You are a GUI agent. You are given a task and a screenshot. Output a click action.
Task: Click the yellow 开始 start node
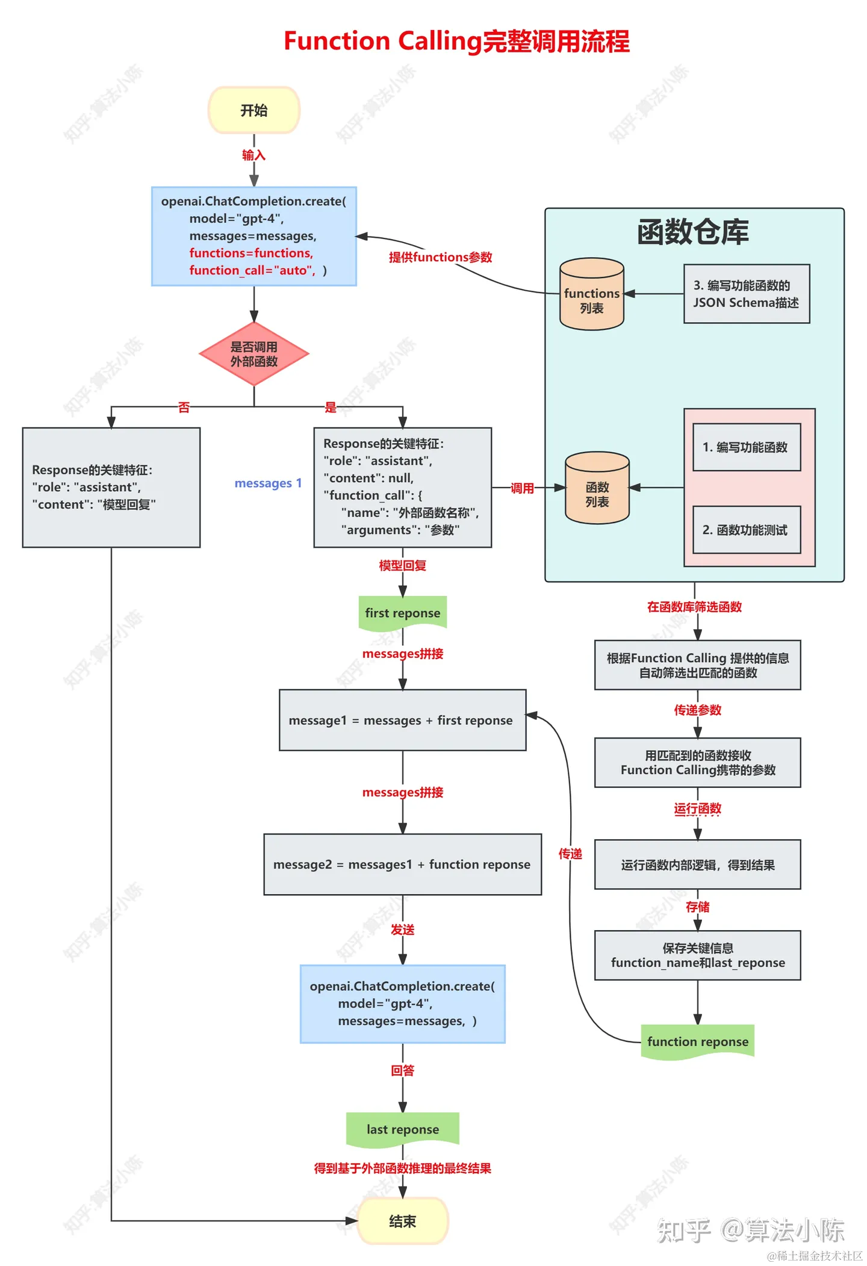point(253,110)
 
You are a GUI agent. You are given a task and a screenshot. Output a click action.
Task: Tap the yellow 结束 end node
point(402,1221)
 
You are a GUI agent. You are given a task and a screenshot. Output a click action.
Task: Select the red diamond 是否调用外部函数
point(253,354)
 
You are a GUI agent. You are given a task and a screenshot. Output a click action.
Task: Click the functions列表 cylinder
point(591,294)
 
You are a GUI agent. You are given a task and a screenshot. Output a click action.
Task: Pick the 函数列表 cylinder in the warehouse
point(597,488)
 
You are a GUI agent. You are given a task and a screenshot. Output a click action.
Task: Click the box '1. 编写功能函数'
point(746,447)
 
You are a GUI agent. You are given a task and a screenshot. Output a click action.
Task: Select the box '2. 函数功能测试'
point(746,530)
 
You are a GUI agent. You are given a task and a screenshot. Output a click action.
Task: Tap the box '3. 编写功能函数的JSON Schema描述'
point(746,294)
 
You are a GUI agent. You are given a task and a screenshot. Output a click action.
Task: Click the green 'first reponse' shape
point(402,613)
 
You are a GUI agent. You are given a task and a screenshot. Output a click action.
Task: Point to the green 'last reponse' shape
point(402,1129)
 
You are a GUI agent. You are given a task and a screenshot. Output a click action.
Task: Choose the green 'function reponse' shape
point(697,1041)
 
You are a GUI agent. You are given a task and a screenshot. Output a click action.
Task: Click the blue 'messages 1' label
point(268,483)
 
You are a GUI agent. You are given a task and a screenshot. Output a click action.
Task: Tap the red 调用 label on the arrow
point(522,488)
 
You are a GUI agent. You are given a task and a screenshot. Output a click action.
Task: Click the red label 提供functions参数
point(440,257)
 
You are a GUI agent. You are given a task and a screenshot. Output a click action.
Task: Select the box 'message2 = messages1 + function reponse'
point(402,864)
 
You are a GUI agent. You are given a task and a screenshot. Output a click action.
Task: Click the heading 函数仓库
point(693,232)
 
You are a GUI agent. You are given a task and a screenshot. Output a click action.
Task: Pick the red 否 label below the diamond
point(184,408)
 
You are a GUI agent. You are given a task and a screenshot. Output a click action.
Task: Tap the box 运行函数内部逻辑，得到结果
point(697,865)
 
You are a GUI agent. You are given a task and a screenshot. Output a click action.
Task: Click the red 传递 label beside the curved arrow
point(570,854)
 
